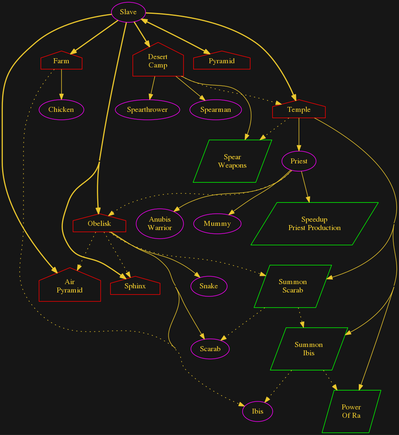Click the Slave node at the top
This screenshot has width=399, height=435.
(128, 12)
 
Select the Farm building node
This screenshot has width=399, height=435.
(61, 62)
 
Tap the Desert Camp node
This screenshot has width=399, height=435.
(158, 61)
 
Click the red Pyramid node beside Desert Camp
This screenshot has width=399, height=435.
(222, 61)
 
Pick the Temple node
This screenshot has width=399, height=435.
(299, 110)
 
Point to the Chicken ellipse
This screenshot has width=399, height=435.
(61, 110)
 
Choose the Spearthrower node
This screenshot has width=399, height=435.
(147, 110)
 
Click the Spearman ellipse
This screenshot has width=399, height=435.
(216, 110)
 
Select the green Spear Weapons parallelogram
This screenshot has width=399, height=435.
(232, 161)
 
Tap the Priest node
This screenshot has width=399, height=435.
(299, 161)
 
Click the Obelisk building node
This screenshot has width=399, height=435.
(99, 224)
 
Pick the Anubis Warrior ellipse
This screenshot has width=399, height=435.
(160, 224)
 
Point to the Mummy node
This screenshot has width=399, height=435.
(217, 224)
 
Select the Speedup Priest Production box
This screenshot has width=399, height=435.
(314, 224)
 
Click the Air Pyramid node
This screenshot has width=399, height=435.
(70, 286)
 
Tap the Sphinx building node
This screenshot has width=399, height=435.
(135, 287)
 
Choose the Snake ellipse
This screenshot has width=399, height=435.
(209, 286)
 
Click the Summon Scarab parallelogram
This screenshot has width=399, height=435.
(293, 286)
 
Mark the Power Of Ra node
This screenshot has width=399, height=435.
(351, 412)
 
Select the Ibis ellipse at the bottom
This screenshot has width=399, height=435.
(258, 412)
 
